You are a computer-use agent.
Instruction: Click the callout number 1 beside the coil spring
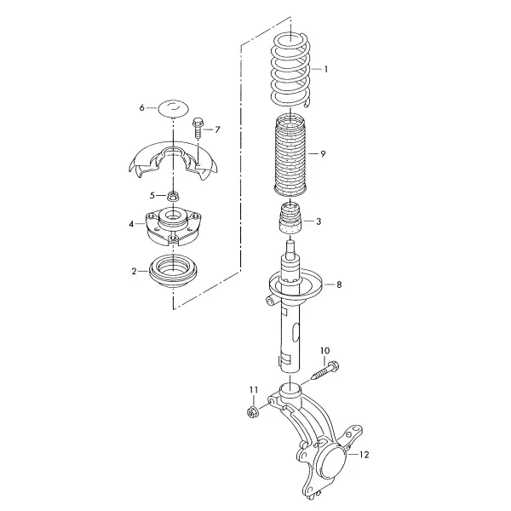325,70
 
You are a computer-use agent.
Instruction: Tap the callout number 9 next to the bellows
323,153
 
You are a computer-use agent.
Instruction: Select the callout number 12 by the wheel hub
364,454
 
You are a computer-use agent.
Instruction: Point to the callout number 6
141,107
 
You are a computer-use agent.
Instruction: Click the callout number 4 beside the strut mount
131,224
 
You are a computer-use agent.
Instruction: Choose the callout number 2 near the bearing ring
134,271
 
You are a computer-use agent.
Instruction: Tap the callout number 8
339,284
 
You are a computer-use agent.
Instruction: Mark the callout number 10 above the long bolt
325,351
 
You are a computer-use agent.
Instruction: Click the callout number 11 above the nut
254,389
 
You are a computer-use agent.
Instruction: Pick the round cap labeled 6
174,107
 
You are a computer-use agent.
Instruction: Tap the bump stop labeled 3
290,218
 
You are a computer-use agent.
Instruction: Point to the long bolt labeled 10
325,370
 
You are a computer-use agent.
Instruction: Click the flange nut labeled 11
252,412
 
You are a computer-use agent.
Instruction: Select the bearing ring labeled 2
173,272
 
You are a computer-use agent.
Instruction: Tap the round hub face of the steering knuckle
332,462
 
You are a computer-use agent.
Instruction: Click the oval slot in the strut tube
295,333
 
